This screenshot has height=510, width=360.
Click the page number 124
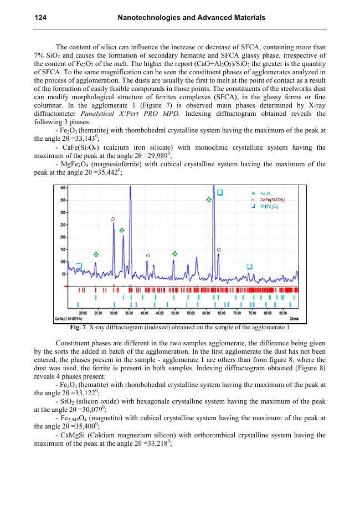point(40,18)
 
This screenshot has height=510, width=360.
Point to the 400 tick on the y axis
point(63,188)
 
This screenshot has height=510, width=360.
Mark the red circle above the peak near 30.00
point(113,220)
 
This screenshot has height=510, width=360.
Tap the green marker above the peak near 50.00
point(174,253)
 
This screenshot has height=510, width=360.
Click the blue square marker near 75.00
point(249,267)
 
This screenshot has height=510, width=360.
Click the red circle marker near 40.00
point(148,256)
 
